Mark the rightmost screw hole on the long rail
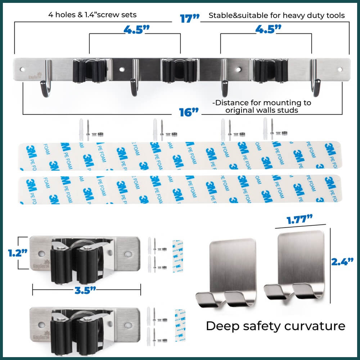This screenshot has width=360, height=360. point(340,68)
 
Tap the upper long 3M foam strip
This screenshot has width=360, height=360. point(180,156)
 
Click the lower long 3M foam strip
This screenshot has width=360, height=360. point(180,190)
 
